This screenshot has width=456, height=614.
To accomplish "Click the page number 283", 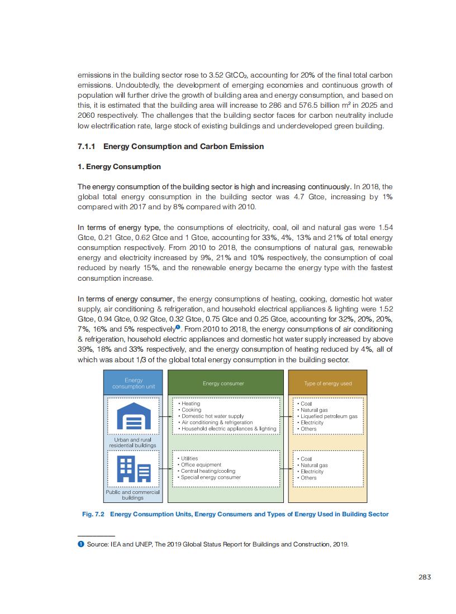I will pos(424,577).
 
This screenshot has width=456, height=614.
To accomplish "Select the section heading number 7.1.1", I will pos(87,146).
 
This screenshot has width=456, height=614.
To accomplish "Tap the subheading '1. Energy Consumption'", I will pos(119,166).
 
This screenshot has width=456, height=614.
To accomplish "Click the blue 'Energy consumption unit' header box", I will pos(133,383).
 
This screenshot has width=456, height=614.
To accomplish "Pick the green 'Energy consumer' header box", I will pos(223,383).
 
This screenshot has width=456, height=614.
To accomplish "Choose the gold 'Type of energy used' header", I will pos(327,383).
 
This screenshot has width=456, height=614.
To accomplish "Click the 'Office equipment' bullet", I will pos(201,464).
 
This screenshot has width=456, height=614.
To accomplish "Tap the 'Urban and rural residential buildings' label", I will pos(132,443).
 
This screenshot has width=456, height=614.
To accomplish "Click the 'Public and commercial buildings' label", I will pos(132,495).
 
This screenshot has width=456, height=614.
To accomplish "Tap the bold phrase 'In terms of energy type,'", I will pos(119,227).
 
